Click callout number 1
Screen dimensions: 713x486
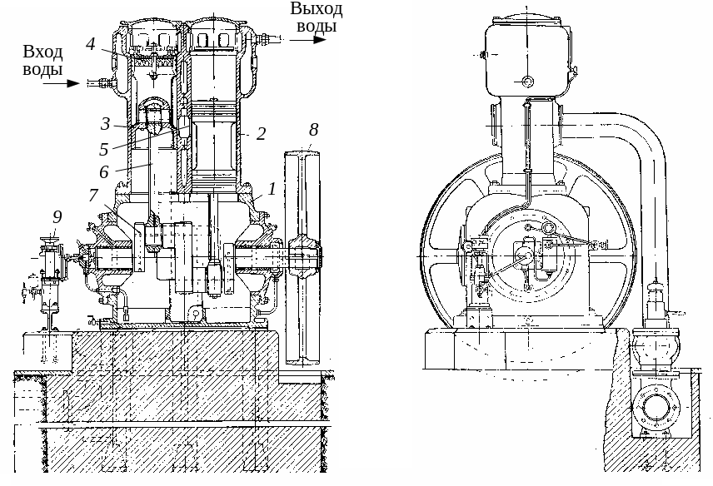272,189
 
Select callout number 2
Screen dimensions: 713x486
261,133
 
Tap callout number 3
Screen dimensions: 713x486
105,123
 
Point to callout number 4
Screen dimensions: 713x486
91,44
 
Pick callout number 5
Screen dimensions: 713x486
104,149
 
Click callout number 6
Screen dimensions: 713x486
104,171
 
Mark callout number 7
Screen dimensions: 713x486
93,195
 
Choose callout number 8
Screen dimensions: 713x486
314,130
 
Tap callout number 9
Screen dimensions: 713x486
57,216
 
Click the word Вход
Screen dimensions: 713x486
42,52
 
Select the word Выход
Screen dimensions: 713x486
317,9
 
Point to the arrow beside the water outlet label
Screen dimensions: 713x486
308,39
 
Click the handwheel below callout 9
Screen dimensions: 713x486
50,241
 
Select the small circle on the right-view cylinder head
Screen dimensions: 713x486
527,82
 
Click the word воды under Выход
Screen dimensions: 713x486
317,26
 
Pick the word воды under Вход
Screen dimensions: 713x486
42,70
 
